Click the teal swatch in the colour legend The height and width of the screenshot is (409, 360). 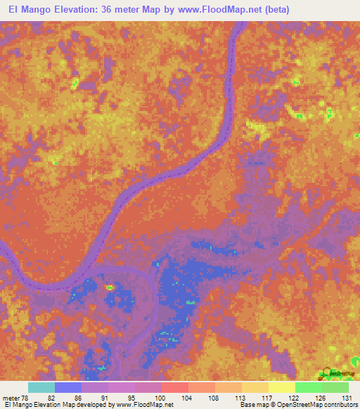41,387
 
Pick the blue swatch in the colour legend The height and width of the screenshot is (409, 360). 68,387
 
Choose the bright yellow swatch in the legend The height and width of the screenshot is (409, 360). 281,387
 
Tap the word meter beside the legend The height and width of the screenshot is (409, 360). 11,397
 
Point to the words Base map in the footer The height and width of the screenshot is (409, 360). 250,405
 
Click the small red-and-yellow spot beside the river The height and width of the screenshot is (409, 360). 109,287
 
